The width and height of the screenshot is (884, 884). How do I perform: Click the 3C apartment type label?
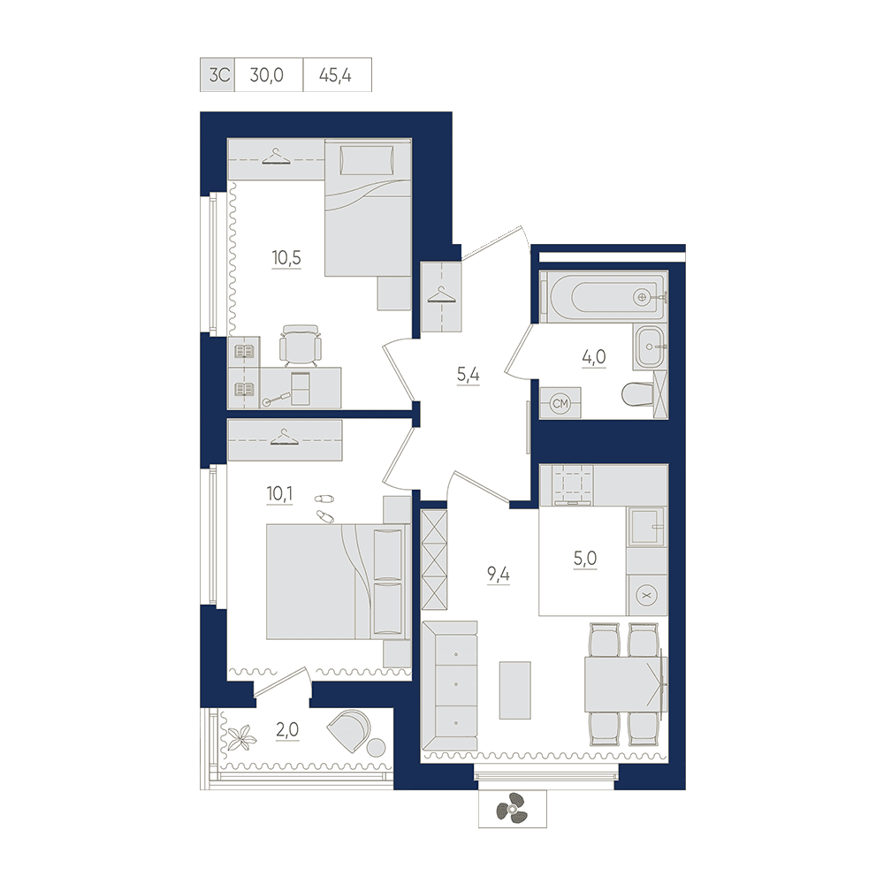coord(219,75)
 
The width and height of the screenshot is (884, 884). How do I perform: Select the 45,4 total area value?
coord(335,75)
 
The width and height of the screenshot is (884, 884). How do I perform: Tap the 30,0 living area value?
coord(267,75)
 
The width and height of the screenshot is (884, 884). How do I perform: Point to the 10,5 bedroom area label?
coord(286,258)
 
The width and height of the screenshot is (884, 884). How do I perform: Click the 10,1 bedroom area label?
coord(279,494)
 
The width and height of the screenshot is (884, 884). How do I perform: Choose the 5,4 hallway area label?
coord(468,374)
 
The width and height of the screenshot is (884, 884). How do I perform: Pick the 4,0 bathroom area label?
coord(594,357)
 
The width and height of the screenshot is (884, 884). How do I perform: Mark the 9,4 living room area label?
coord(499,575)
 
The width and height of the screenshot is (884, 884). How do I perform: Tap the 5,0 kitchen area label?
coord(585,559)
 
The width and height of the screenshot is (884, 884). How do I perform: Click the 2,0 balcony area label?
coord(287,730)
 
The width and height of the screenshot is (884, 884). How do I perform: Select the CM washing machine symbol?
coord(560,404)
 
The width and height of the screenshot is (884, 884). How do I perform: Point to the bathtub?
coord(604,296)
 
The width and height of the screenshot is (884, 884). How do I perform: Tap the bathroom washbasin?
coord(650,347)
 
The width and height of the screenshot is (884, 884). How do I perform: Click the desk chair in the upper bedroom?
coord(301,345)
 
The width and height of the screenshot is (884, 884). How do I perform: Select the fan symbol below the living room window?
coord(512,809)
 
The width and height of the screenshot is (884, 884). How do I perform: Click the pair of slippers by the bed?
coord(324,507)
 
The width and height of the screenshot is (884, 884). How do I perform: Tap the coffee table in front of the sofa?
coord(515,690)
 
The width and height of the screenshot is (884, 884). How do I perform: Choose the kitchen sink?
coord(647,527)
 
